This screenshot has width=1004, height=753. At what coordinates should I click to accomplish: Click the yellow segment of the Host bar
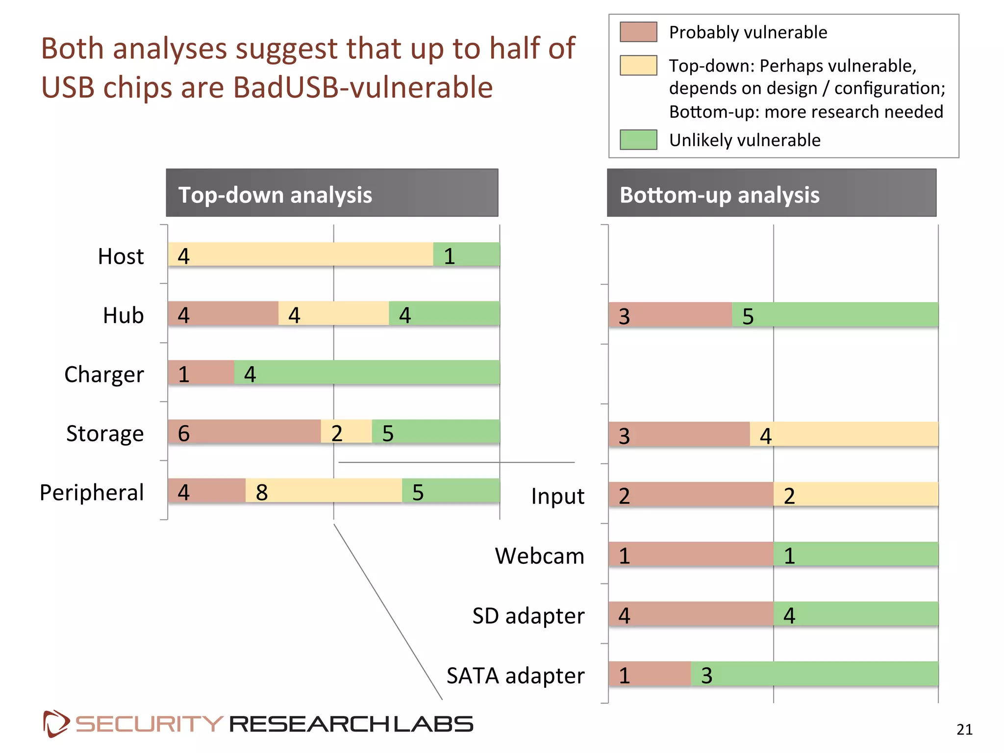click(x=300, y=254)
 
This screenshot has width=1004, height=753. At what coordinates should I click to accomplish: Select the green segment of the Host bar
click(x=466, y=254)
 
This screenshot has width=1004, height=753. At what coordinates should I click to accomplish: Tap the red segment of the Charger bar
click(x=201, y=373)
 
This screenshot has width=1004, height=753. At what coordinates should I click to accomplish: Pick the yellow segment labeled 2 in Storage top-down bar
click(x=347, y=431)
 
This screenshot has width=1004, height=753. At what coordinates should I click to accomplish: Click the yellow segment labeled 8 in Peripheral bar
click(x=324, y=491)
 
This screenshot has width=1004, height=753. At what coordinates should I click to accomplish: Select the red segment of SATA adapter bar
click(x=650, y=674)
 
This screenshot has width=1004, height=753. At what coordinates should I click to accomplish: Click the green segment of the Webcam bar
click(x=855, y=554)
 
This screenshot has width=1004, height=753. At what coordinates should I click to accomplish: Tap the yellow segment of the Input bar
click(x=855, y=494)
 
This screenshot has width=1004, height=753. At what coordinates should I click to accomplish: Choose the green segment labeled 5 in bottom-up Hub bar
click(x=835, y=315)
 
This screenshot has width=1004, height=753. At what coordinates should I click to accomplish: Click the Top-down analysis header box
click(x=332, y=193)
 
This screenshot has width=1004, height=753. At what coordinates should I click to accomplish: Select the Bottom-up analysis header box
click(x=771, y=193)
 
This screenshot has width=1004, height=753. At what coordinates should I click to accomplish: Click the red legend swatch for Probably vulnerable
click(x=638, y=32)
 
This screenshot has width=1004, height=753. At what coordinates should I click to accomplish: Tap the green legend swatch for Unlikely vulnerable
click(x=638, y=140)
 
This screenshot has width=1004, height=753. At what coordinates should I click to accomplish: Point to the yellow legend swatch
click(x=638, y=65)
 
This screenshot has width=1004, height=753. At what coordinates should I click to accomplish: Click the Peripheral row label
click(x=92, y=492)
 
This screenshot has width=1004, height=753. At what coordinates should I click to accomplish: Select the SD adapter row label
click(x=528, y=616)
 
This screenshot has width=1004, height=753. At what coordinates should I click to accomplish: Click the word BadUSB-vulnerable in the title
click(x=362, y=88)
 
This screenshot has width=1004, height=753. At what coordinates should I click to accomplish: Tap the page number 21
click(x=964, y=729)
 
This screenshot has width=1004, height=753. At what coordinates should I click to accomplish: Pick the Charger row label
click(x=104, y=375)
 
